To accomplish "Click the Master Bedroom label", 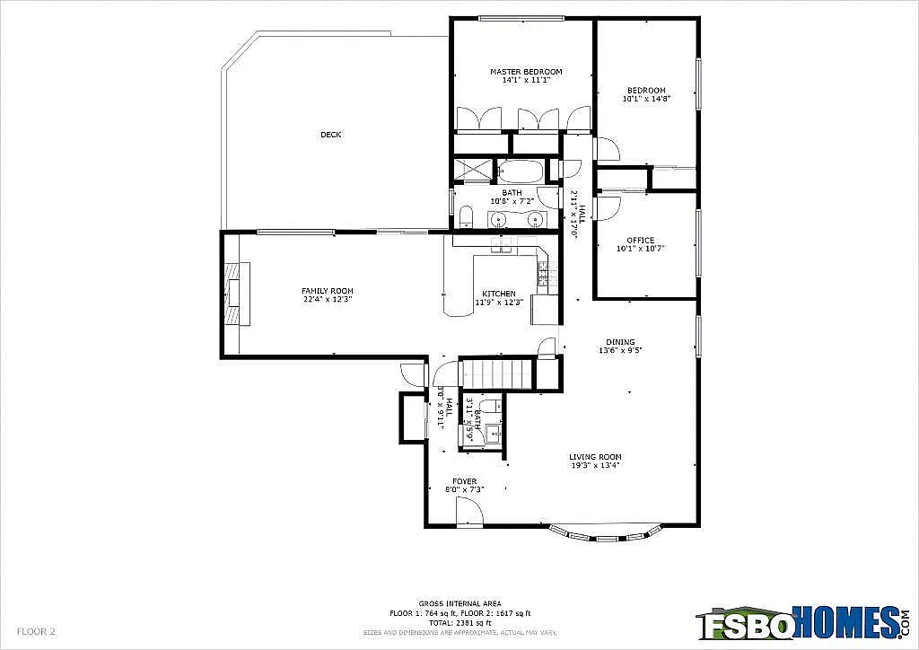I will (525, 72).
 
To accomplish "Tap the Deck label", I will (331, 135).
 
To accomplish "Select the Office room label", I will (641, 240).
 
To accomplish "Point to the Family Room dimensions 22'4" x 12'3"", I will (327, 300).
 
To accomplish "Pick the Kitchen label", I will (498, 294).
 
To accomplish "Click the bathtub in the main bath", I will (520, 171).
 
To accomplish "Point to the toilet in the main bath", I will (466, 216).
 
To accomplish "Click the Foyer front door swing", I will (469, 512).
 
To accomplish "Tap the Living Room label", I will (595, 456).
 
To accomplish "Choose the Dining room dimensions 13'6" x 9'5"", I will (620, 350).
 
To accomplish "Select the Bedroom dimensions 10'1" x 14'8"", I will (646, 99).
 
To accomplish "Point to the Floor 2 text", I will (37, 631).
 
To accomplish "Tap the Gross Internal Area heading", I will (459, 603).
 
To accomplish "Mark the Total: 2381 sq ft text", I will (459, 622).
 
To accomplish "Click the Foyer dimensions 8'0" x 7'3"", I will (465, 490).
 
